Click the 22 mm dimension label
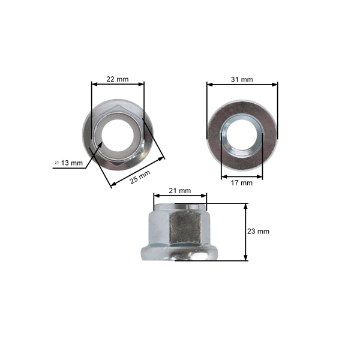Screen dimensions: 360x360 118,79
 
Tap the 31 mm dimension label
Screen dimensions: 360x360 242,79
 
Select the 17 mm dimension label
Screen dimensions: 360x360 242,183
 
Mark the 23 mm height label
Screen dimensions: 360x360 259,231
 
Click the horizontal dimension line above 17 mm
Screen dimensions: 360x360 242,176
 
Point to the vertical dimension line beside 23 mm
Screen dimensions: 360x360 246,232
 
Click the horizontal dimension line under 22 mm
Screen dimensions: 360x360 118,85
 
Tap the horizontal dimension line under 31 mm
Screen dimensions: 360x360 242,85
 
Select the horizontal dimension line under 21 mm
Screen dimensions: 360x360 180,196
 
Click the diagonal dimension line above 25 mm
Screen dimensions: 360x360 138,172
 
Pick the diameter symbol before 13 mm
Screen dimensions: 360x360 56,163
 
